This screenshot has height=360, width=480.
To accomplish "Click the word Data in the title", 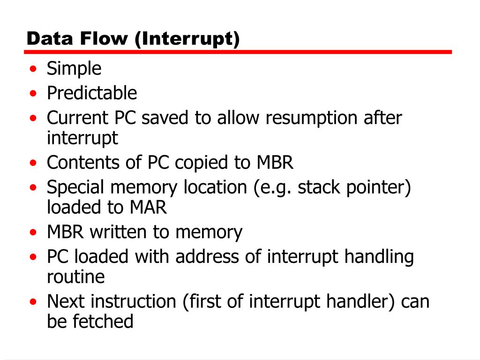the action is pyautogui.click(x=45, y=38).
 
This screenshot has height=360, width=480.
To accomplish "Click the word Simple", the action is pyautogui.click(x=74, y=69).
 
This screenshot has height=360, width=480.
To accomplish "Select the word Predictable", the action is pyautogui.click(x=92, y=93).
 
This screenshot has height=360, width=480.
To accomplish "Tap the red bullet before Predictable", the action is pyautogui.click(x=33, y=94).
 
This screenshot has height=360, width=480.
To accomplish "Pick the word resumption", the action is pyautogui.click(x=312, y=118).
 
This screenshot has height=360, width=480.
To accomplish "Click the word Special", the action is pyautogui.click(x=75, y=188).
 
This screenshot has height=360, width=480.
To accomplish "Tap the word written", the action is pyautogui.click(x=119, y=232).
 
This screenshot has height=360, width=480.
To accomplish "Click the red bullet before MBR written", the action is pyautogui.click(x=33, y=232).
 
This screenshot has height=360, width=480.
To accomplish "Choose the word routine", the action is pyautogui.click(x=76, y=277).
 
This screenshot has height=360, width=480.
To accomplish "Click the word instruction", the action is pyautogui.click(x=141, y=301).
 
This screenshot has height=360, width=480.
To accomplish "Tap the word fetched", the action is pyautogui.click(x=104, y=322).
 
